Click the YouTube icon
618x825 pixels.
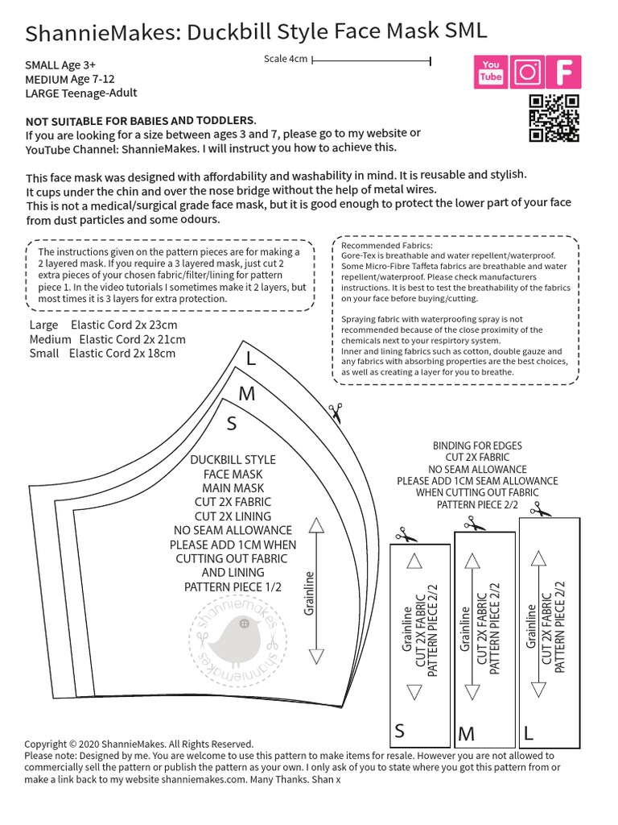click(491, 72)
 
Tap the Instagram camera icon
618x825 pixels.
click(528, 72)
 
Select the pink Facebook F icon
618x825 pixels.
click(565, 72)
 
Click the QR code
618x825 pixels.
click(554, 118)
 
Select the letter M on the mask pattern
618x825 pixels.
click(247, 394)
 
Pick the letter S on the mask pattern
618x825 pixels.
click(232, 423)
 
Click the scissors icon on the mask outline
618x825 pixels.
click(335, 411)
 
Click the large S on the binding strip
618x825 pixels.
click(400, 732)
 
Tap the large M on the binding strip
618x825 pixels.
click(466, 734)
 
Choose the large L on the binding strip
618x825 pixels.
click(529, 732)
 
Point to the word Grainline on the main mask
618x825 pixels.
click(308, 592)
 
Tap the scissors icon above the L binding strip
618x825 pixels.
click(540, 509)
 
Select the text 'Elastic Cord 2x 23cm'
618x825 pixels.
click(124, 325)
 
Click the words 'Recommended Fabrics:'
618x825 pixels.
click(386, 245)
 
